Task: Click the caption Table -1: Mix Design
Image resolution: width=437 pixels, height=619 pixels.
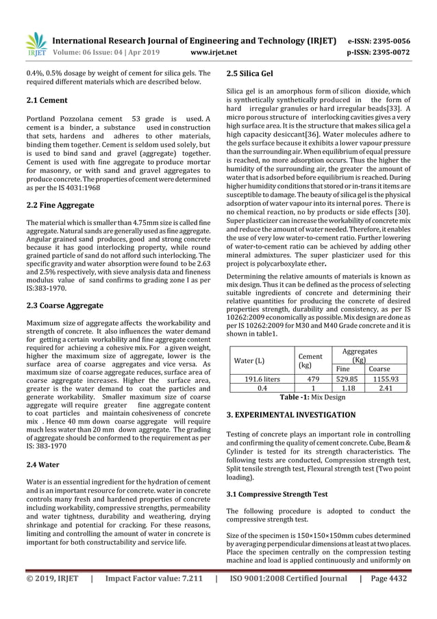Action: click(x=312, y=397)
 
